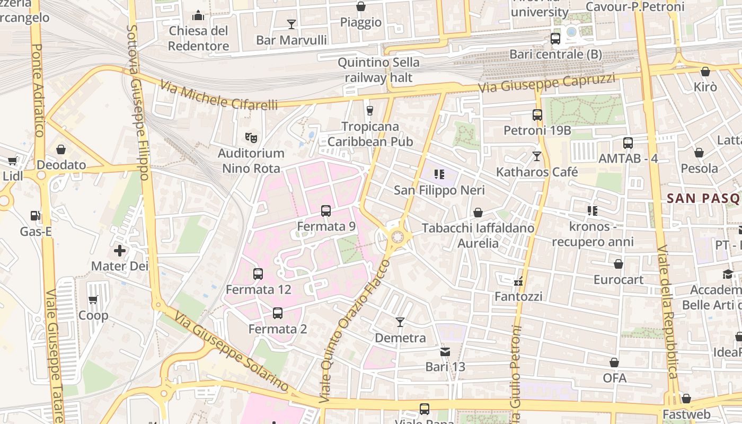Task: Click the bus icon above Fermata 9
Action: point(326,211)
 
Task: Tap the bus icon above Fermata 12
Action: point(258,274)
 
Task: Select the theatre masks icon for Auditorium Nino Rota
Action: point(252,138)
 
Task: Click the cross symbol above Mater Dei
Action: point(120,250)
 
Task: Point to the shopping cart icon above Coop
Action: point(93,300)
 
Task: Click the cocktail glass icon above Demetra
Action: point(400,322)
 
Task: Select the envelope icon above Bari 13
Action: point(445,351)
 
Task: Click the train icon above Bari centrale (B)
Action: point(555,39)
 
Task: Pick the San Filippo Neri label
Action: point(439,190)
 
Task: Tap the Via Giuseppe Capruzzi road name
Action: point(546,83)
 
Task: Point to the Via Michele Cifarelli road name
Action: point(218,95)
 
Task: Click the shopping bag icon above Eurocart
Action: point(619,264)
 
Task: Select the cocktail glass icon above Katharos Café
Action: point(537,156)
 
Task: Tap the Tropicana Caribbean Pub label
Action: point(370,134)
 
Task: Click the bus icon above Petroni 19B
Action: point(537,114)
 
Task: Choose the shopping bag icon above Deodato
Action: point(61,149)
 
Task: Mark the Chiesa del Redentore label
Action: point(199,38)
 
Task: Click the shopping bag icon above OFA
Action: point(614,363)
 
